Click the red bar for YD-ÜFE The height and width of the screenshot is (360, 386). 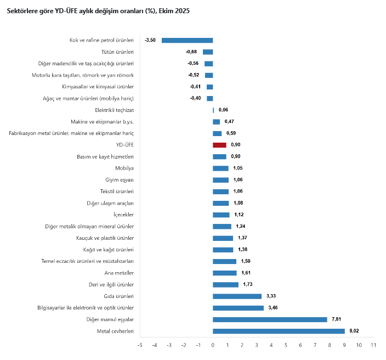[x=219, y=145]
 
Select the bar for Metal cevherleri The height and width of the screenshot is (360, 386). [x=279, y=331]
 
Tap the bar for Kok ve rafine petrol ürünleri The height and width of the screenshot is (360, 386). [x=187, y=40]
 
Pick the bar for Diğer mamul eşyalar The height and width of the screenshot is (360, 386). [x=270, y=319]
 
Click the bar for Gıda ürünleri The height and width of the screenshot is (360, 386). [x=237, y=296]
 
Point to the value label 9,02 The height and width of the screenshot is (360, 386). [x=354, y=331]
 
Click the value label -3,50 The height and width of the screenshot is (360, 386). [x=150, y=40]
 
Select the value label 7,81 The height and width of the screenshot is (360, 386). [x=336, y=319]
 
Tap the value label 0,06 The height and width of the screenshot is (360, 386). [x=223, y=110]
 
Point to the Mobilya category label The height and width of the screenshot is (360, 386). [x=124, y=168]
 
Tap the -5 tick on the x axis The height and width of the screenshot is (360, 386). [x=140, y=345]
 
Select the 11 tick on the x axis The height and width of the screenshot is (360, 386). [x=373, y=345]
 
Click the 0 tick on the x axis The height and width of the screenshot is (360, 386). [x=213, y=345]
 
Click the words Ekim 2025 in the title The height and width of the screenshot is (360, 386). [x=174, y=11]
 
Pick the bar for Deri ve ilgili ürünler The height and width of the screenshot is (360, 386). [x=225, y=284]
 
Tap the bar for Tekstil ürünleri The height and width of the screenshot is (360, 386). [x=220, y=192]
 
